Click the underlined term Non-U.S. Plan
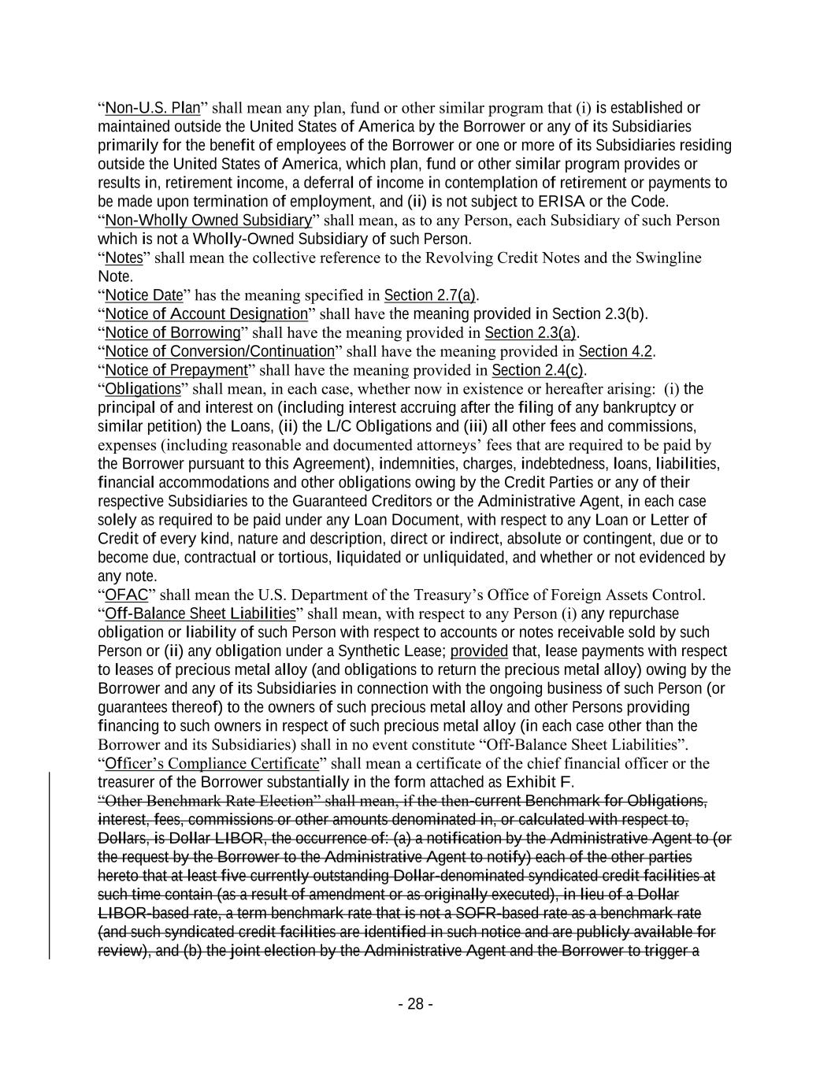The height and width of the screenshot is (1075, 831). click(152, 108)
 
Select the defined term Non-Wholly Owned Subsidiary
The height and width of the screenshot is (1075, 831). click(208, 220)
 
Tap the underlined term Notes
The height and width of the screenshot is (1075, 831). click(123, 258)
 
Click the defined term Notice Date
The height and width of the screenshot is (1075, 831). click(143, 295)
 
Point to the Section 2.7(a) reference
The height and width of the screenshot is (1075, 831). click(430, 295)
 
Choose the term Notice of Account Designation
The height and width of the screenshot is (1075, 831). click(206, 314)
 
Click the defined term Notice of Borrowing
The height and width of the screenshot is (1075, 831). click(173, 332)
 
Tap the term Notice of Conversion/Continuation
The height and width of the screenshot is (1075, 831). click(220, 351)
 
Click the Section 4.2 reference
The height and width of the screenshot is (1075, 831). click(615, 351)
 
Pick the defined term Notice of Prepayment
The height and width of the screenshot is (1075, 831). click(176, 370)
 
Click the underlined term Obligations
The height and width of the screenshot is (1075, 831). click(143, 389)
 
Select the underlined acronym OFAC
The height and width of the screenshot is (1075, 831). click(126, 595)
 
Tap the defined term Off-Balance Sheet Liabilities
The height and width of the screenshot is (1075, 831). click(200, 613)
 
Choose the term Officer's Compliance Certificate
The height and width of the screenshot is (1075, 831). click(212, 763)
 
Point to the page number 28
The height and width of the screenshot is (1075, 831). click(415, 1004)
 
